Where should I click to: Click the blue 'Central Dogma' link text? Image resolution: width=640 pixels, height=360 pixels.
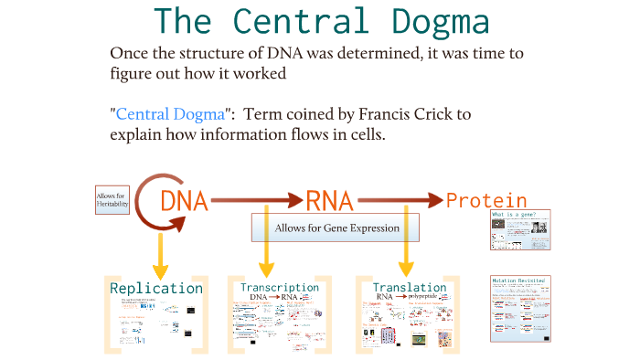(x=170, y=115)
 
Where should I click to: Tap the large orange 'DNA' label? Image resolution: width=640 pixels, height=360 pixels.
(x=184, y=200)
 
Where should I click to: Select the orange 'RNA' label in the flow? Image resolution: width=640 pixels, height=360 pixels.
(x=329, y=200)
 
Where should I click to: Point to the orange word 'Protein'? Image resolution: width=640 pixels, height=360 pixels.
(x=485, y=201)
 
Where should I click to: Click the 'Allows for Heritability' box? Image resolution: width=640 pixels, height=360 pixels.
(x=112, y=200)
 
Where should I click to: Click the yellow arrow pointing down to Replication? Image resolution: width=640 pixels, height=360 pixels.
(x=160, y=251)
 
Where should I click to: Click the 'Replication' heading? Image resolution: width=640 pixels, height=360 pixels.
(x=156, y=289)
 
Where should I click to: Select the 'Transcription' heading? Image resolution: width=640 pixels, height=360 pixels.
(x=280, y=287)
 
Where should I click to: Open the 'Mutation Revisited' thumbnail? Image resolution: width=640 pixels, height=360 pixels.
(x=520, y=308)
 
